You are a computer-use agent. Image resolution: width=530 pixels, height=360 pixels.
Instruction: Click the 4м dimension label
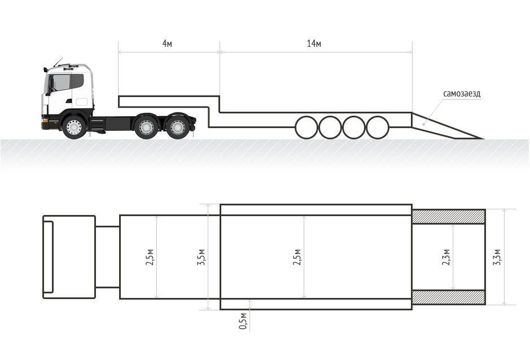point(167,43)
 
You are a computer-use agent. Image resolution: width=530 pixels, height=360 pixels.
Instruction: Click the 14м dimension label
point(314,43)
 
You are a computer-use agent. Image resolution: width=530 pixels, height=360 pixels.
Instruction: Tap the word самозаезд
point(462,94)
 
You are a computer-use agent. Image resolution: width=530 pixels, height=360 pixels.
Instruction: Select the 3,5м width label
point(202,257)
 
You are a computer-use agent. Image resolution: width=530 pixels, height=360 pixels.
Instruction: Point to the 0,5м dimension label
point(243,321)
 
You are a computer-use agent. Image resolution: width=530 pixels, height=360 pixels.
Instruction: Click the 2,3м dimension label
point(446,257)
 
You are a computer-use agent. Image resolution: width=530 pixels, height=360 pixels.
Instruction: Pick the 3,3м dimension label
point(497,257)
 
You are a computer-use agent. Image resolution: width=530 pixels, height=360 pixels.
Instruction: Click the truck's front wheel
point(74,127)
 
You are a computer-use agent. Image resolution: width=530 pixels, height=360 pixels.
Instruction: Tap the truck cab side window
point(62,82)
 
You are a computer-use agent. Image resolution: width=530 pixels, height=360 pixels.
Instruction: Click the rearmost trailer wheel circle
point(378,128)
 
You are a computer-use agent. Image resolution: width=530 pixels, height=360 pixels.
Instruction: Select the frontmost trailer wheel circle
point(306,128)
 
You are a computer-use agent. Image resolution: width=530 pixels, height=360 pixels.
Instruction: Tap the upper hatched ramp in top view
point(449,216)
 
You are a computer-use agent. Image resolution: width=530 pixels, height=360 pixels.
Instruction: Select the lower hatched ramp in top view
point(449,297)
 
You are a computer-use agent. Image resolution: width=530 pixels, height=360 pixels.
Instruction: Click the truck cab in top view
point(69,257)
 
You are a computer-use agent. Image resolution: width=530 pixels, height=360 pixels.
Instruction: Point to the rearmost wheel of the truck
point(177,127)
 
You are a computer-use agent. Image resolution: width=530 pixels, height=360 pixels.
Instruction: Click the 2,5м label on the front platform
point(150,257)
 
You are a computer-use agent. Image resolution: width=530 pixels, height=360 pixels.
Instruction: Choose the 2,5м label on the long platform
point(297,257)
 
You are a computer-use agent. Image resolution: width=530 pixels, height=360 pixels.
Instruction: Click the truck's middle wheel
point(146,127)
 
